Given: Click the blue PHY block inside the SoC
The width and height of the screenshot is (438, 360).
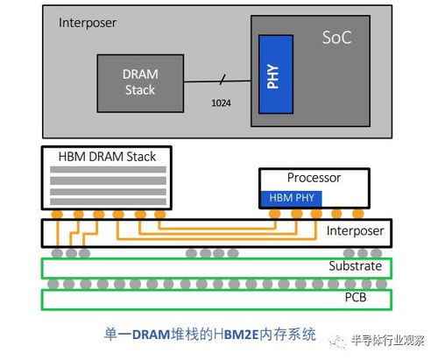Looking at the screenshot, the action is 276,74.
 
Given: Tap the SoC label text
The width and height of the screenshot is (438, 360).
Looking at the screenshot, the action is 336,38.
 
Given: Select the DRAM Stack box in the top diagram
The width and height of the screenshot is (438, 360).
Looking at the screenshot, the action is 140,83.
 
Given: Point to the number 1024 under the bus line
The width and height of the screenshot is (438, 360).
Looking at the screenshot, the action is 221,103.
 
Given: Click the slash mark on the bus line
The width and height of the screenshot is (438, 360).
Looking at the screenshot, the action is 223,80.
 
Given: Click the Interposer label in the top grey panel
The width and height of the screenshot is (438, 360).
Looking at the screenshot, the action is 88,23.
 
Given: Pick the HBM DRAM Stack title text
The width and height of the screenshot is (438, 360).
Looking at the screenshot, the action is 107,157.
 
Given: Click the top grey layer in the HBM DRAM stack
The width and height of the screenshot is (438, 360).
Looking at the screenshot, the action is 108,169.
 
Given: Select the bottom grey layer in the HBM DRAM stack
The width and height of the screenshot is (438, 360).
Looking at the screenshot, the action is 108,201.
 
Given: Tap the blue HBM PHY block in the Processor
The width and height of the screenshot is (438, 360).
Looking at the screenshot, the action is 291,198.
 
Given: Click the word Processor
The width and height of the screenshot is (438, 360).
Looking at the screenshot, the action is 314,178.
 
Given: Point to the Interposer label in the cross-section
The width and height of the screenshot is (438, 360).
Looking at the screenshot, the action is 355,231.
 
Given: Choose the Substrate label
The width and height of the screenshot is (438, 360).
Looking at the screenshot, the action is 356,266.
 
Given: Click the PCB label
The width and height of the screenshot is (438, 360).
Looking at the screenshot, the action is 356,297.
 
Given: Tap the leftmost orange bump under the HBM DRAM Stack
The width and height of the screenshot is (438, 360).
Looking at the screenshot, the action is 57,215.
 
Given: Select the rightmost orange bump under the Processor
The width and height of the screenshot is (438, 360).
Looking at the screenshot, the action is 358,214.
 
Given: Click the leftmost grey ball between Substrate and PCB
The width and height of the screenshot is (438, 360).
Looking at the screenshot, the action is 53,284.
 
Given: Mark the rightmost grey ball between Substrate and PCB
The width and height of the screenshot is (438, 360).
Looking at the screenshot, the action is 381,284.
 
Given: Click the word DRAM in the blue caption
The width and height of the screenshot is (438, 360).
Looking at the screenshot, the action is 152,335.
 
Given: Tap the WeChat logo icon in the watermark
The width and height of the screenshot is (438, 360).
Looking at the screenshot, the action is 338,341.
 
